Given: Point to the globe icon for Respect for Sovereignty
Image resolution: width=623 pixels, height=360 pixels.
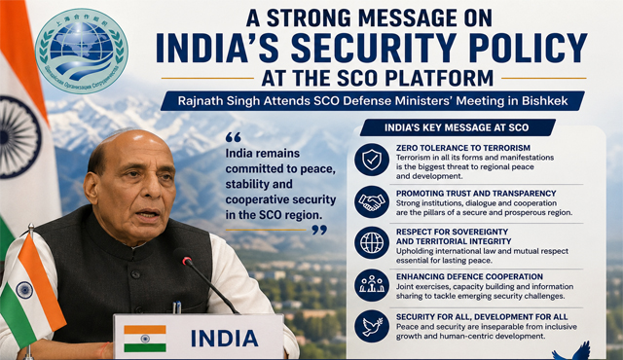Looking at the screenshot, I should pos(372,243).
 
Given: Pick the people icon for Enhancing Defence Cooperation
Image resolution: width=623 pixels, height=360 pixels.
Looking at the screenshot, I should pos(372,285).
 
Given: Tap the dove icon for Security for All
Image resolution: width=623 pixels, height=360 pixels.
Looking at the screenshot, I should pos(372,327).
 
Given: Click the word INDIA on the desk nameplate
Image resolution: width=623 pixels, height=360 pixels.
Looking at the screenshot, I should pos(225,339).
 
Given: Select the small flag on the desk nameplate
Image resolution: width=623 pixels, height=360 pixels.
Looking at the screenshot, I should pos(144,338).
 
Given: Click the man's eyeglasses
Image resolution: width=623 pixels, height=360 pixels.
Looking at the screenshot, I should pos(137,184).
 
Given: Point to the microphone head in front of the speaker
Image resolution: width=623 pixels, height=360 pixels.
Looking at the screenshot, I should pos(182,258).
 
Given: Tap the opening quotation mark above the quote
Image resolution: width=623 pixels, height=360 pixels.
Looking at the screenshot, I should pos(233,136).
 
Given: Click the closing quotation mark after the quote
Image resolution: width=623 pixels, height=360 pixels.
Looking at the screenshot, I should pos(318,230).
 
